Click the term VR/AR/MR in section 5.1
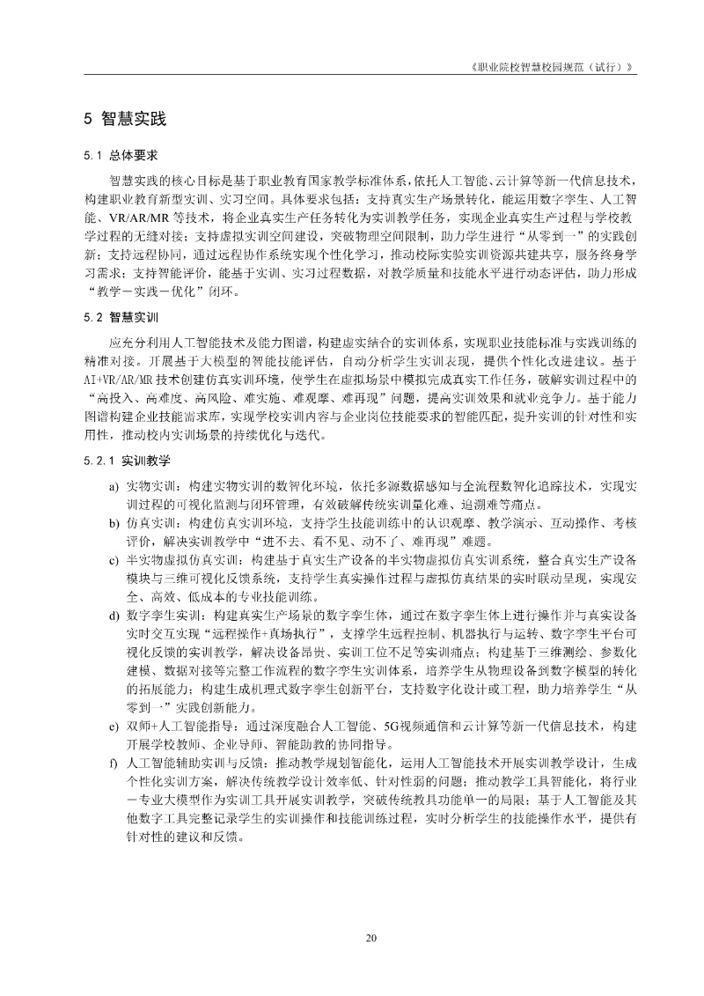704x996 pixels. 132,218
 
